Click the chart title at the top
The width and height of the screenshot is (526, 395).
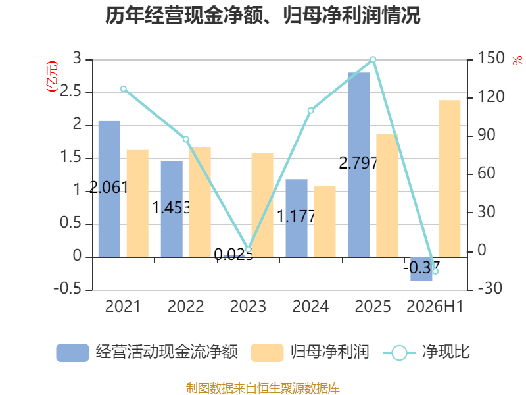pos(262,16)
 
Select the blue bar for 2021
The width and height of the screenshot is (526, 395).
pos(109,189)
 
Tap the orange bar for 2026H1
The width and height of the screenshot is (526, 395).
pos(450,178)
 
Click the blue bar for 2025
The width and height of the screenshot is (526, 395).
pos(359,165)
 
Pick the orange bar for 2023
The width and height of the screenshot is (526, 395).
pos(262,205)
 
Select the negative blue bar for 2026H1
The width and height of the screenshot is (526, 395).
pos(421,269)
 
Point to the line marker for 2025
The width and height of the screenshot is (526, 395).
pos(373,59)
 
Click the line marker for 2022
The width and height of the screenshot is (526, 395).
pos(186,140)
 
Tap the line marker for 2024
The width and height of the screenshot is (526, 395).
pos(310,111)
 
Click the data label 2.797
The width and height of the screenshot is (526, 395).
pos(358,163)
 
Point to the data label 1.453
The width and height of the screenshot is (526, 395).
pos(172,207)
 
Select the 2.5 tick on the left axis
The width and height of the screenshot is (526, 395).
pos(70,92)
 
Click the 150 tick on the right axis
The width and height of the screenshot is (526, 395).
pos(490,58)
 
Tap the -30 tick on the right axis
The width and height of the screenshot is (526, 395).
pos(490,288)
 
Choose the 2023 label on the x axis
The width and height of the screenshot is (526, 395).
pos(249,307)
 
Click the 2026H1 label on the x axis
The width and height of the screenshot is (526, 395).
pos(435,307)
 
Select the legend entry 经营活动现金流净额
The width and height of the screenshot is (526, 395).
pos(147,352)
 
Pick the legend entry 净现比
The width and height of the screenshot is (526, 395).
pos(426,352)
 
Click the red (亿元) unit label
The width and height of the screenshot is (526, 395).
pos(52,76)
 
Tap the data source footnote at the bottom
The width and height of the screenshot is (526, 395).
pos(263,388)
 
